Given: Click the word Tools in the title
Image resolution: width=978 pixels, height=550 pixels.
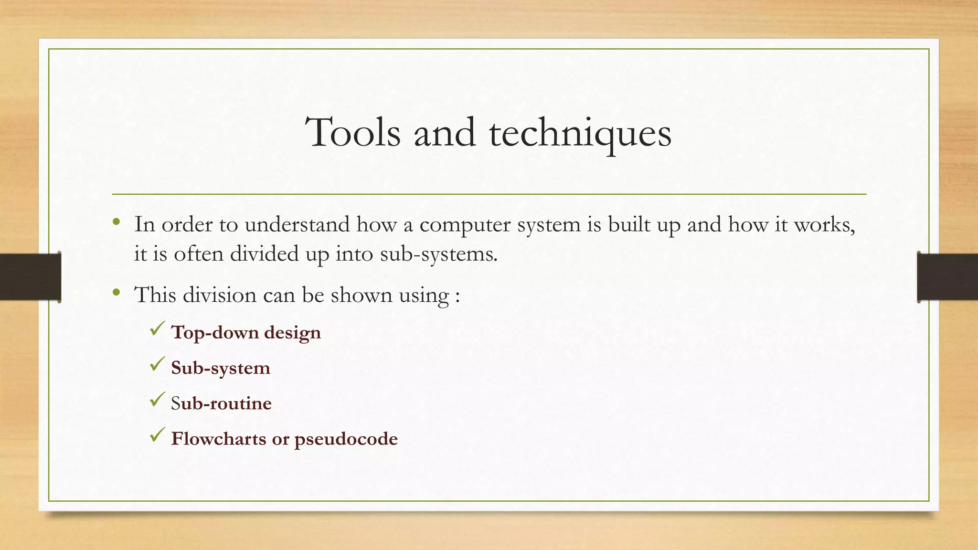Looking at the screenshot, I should pos(353,133).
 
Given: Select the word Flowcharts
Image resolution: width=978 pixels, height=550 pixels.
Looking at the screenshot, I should pos(219,438).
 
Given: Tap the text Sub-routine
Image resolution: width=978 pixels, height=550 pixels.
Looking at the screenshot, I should pos(221,403).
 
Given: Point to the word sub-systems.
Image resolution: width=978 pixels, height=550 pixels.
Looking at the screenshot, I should pos(439,254).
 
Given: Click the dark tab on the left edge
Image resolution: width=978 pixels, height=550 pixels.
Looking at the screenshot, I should pos(30,277).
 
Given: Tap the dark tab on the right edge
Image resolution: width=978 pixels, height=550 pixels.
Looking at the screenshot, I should pos(947,277).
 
